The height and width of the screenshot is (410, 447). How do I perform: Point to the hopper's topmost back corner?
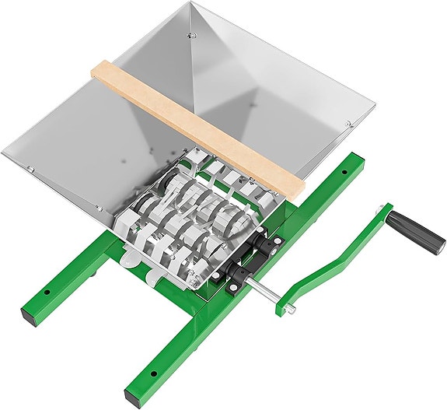pos(191,3)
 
